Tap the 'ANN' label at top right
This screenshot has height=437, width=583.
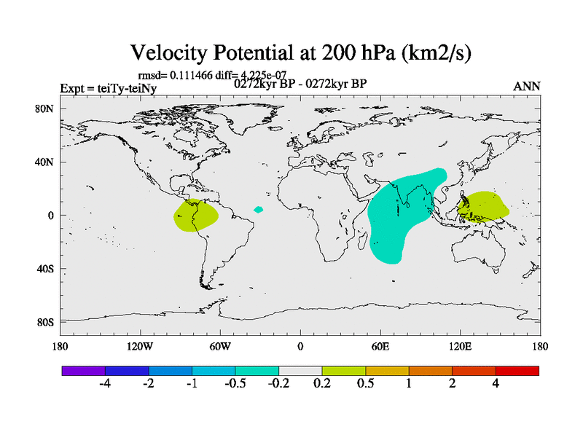click(526, 86)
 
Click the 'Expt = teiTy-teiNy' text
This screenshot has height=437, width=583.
click(108, 89)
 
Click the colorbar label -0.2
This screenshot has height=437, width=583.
click(278, 384)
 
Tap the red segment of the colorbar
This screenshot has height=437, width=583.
click(517, 371)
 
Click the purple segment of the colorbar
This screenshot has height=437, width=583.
click(84, 371)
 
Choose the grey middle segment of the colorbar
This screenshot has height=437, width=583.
click(300, 371)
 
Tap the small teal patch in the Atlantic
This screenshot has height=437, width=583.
click(258, 210)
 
